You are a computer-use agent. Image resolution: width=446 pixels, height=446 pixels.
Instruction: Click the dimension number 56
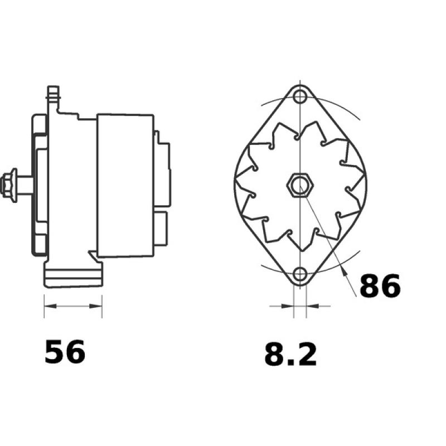[65, 352]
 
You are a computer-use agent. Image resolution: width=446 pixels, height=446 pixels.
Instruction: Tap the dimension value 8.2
[290, 355]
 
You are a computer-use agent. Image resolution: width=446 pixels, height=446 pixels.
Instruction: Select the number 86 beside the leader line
[380, 285]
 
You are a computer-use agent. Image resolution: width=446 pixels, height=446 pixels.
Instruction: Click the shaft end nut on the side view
[9, 183]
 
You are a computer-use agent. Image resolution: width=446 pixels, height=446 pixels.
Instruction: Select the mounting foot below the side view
[73, 276]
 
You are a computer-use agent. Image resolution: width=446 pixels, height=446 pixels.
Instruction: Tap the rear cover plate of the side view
[163, 167]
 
